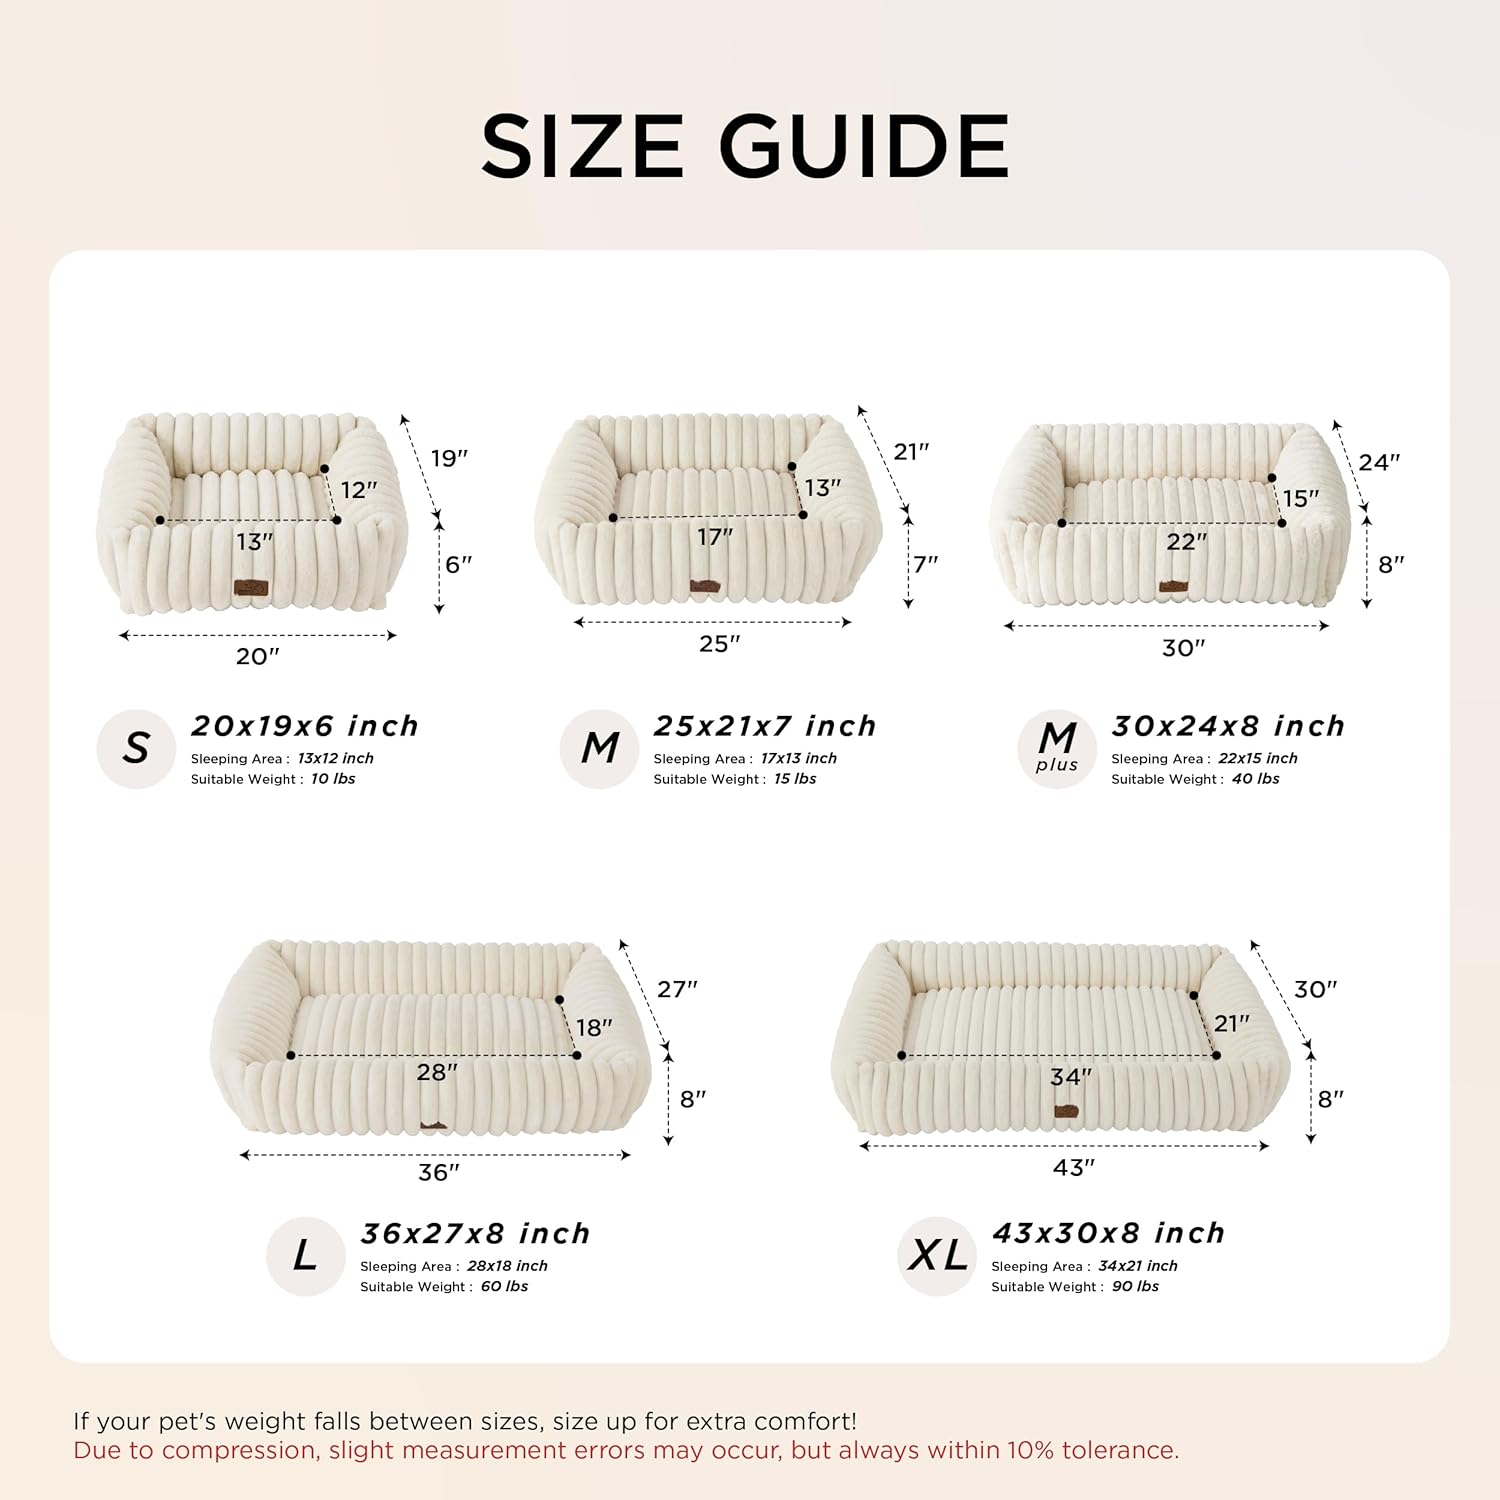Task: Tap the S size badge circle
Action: pos(136,749)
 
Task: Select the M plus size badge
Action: pos(1057,749)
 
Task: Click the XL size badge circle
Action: pos(937,1256)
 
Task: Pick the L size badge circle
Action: pos(305,1256)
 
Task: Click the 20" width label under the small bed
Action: pos(257,656)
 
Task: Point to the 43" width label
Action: pos(1073,1168)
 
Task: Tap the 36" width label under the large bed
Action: pos(438,1172)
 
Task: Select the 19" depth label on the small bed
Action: pos(449,458)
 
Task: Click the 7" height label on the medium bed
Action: pos(926,563)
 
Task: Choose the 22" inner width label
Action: pos(1186,542)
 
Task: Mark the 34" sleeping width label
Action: pos(1070,1077)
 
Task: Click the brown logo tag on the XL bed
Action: pos(1066,1111)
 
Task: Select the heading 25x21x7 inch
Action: pos(765,726)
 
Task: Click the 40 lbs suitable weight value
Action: pos(1255,779)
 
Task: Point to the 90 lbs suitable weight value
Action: pos(1135,1287)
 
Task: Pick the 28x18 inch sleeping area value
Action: pos(507,1266)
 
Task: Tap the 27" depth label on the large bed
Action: pos(677,989)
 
